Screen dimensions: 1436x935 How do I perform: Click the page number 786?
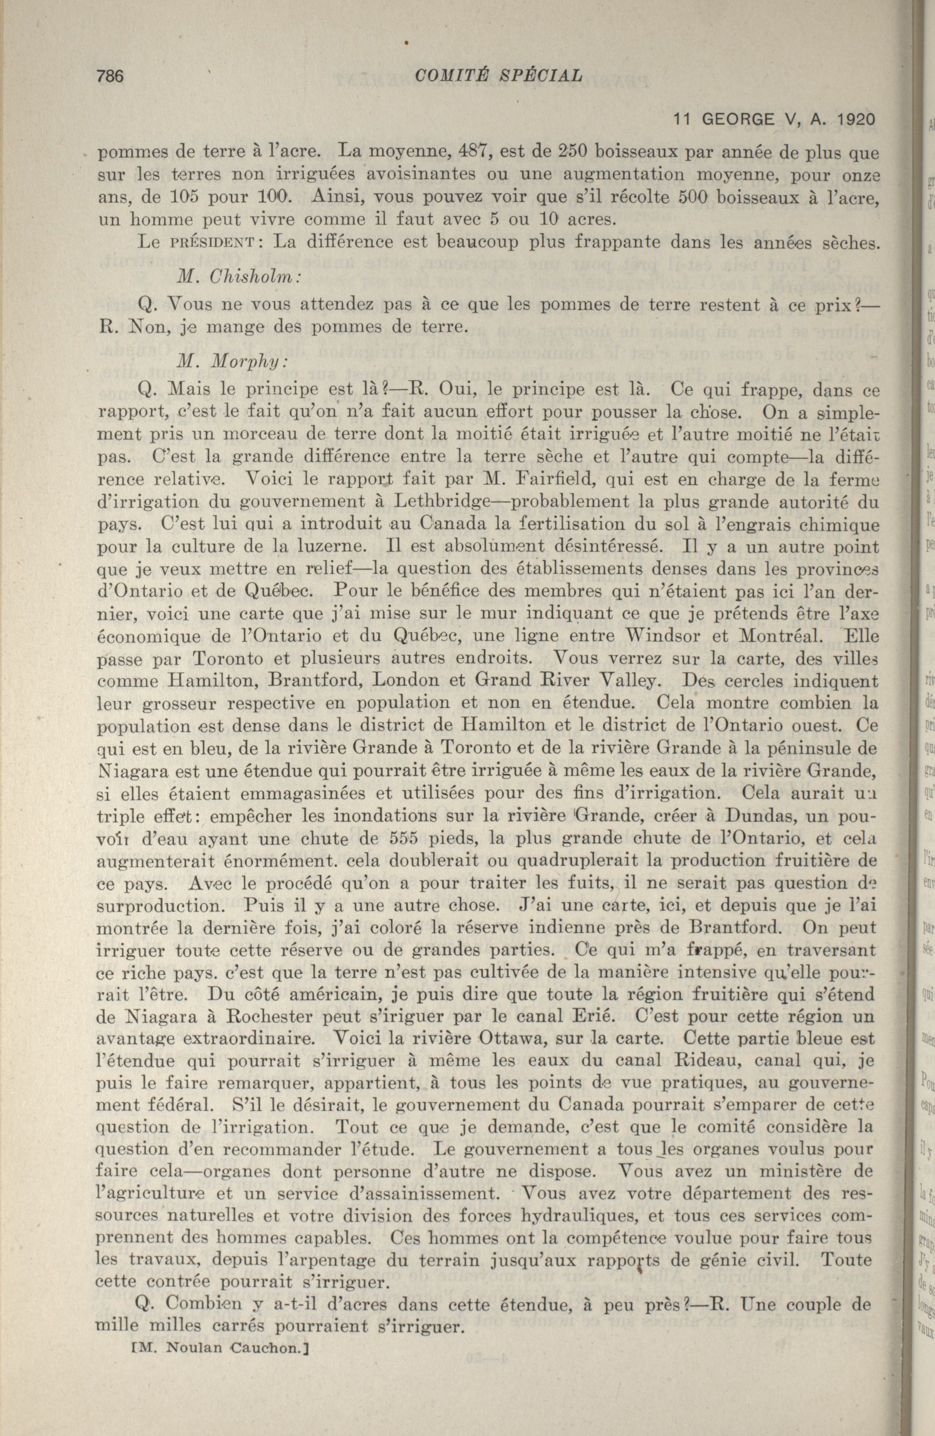coord(110,76)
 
